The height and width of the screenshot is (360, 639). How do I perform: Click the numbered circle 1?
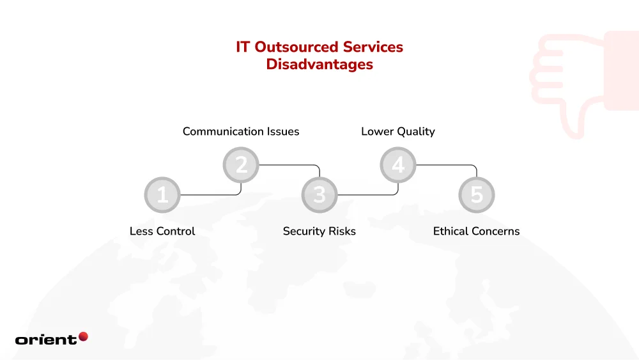click(162, 195)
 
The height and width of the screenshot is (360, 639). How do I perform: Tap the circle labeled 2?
click(241, 165)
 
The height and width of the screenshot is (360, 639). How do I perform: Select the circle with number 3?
click(319, 195)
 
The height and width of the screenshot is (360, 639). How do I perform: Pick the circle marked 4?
click(398, 165)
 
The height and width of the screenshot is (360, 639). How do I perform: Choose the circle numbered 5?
click(477, 195)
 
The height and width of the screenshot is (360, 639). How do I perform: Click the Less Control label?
click(162, 231)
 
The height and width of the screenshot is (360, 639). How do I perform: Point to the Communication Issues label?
click(241, 132)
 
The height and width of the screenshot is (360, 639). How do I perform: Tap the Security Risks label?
click(319, 231)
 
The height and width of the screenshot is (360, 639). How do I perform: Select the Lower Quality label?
click(398, 132)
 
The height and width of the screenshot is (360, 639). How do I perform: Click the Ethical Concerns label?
click(477, 231)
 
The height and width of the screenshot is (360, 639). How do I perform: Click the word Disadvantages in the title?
click(319, 65)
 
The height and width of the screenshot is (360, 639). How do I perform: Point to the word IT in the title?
click(243, 47)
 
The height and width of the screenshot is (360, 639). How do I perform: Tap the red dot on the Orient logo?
click(83, 336)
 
